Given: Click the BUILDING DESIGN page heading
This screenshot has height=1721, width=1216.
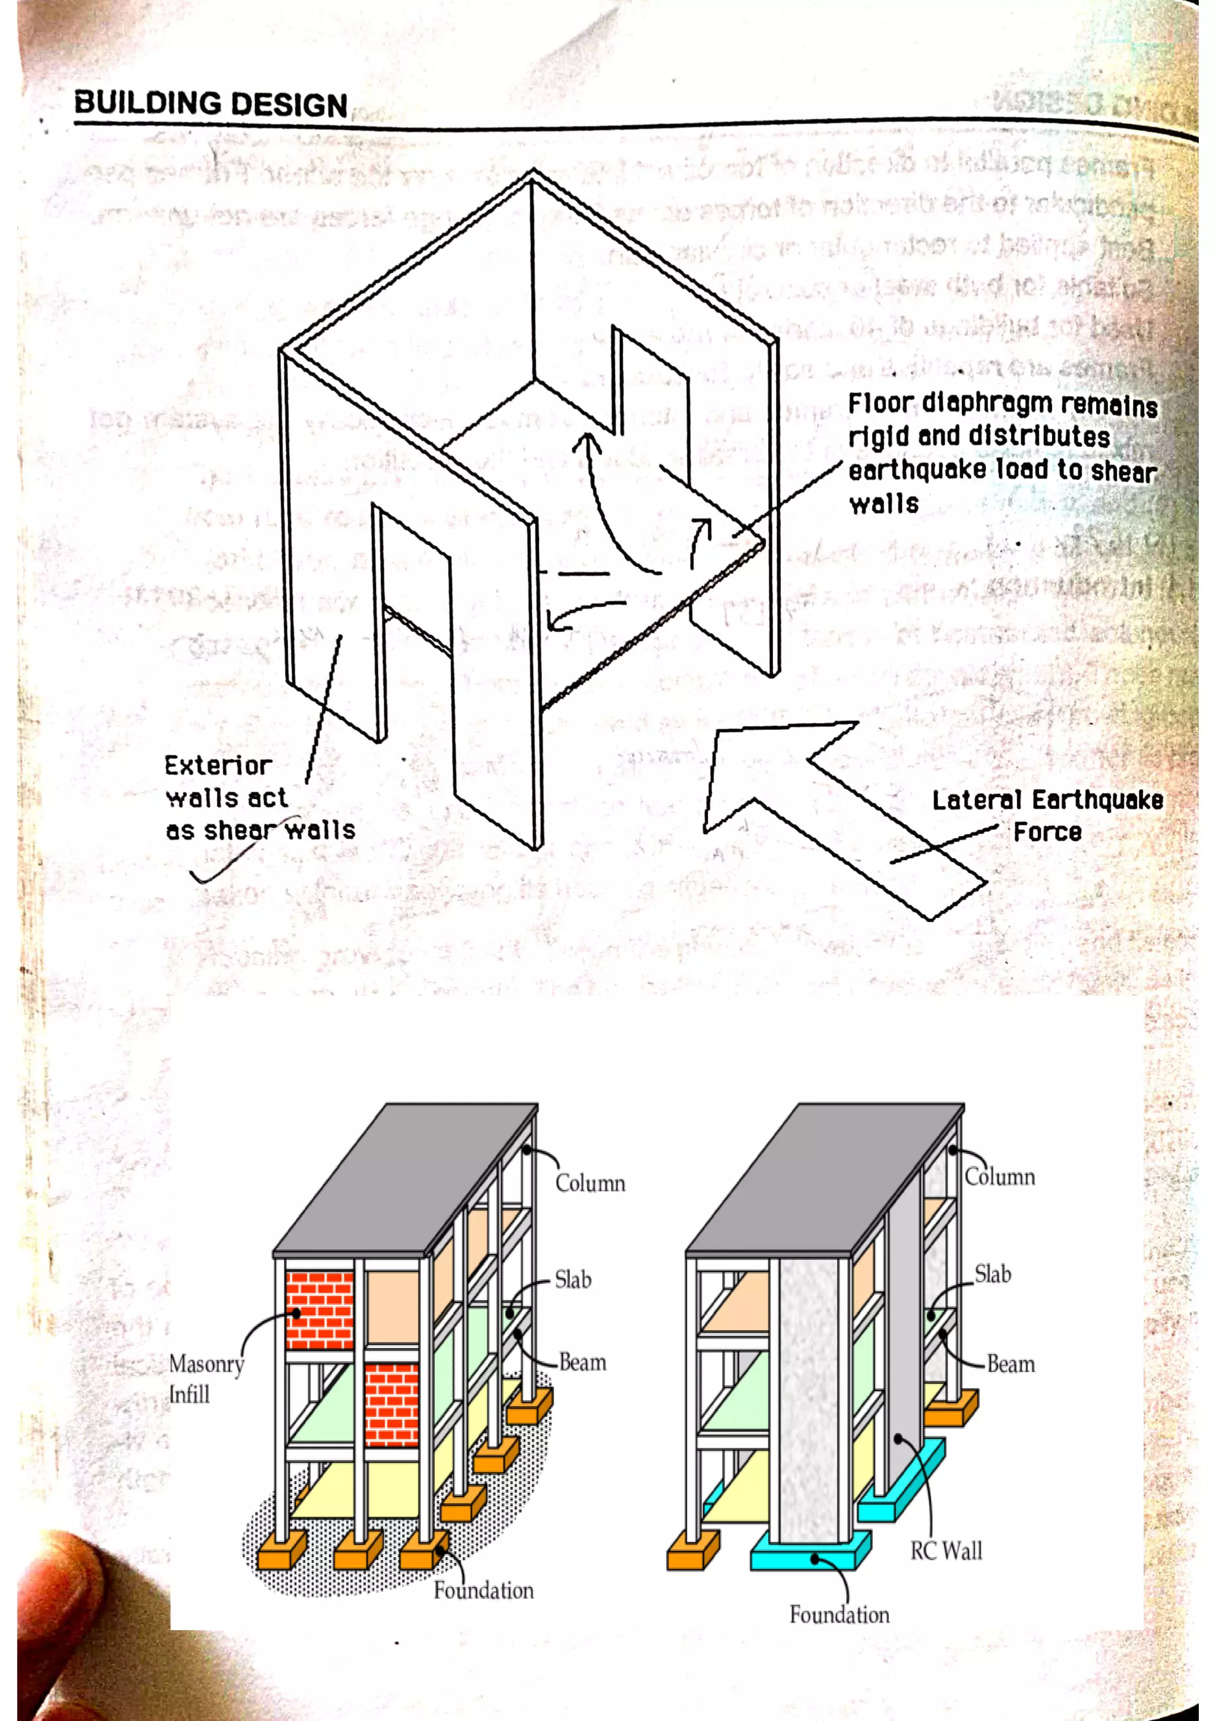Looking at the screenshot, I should click(211, 103).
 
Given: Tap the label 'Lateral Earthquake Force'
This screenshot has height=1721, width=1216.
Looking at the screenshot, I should click(1047, 815).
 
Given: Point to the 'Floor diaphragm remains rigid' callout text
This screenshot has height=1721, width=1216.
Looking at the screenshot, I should click(1002, 453).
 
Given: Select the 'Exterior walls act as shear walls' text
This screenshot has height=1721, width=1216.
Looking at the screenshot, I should click(258, 798).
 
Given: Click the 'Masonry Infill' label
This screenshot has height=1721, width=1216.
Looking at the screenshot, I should click(205, 1378).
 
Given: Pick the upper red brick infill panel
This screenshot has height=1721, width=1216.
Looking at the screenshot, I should click(320, 1309).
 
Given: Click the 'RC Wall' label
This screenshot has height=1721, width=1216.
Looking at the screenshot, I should click(945, 1550).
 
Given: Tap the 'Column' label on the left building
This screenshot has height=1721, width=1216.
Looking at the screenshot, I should click(590, 1183).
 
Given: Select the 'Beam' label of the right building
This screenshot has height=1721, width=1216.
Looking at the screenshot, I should click(1011, 1363).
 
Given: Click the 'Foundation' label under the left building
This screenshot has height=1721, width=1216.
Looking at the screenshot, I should click(483, 1590).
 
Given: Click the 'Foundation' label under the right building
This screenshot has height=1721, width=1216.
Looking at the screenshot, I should click(839, 1614).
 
